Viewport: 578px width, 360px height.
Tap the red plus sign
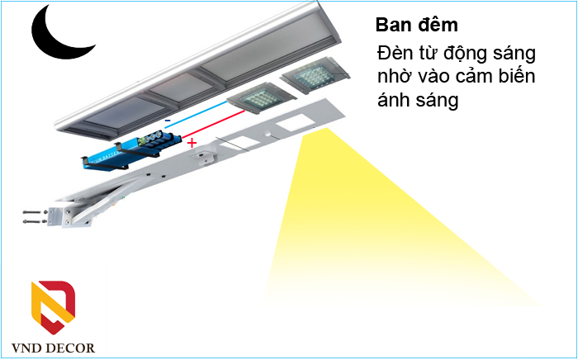pyautogui.click(x=192, y=144)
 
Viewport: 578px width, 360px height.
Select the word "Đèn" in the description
pyautogui.click(x=394, y=54)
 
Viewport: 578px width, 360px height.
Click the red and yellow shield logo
pyautogui.click(x=53, y=305)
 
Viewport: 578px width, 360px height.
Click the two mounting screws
pyautogui.click(x=31, y=218)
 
